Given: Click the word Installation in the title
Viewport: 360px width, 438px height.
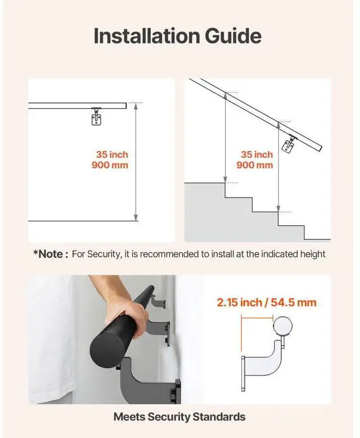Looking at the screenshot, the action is pos(147,36).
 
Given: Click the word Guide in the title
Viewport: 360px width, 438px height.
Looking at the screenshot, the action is pos(233,37).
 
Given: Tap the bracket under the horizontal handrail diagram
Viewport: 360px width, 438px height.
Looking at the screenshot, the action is pos(96,116).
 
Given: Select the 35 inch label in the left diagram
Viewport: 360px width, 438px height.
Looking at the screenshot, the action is pos(112,154).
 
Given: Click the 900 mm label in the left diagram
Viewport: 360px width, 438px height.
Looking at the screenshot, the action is pos(110,165).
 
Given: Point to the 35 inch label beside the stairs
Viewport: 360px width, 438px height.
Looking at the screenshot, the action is pos(256,154).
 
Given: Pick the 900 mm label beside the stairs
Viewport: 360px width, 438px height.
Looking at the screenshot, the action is pos(254,165).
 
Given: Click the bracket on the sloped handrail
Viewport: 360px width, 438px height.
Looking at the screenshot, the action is pos(289,144).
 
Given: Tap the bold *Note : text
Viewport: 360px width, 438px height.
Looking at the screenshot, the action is pos(51,254).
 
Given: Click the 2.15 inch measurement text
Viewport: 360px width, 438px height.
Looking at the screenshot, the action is pos(240,302).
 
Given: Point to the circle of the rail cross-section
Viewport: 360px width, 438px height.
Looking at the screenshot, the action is pos(282,326).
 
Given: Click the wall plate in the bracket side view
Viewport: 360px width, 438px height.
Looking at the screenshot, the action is pos(243,373).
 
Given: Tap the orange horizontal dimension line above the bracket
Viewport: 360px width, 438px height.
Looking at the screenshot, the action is pos(257,317).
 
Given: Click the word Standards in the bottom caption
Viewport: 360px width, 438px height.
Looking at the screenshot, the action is pos(219,417).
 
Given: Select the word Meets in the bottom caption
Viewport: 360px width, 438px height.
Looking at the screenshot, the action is pos(129,417).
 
